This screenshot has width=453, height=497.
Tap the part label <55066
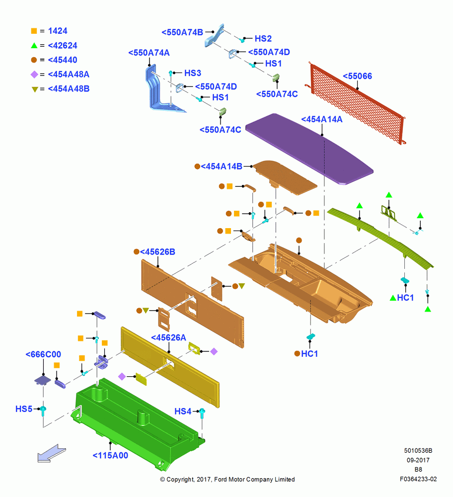357,76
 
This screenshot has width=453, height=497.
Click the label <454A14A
321,119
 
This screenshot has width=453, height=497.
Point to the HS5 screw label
24,409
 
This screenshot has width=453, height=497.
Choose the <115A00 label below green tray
110,455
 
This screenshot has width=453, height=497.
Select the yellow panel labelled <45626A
170,367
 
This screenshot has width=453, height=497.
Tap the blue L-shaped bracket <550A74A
161,90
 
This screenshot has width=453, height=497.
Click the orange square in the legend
34,31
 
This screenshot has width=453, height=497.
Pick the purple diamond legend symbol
34,75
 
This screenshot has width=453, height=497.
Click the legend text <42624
63,46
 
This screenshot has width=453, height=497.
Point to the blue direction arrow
52,453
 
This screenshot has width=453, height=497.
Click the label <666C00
43,354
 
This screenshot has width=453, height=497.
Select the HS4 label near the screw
183,412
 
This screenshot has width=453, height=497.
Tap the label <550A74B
182,32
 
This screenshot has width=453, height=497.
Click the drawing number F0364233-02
418,479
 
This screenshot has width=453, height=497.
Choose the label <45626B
157,251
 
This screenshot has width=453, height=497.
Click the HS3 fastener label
193,73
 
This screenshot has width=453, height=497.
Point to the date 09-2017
418,460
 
